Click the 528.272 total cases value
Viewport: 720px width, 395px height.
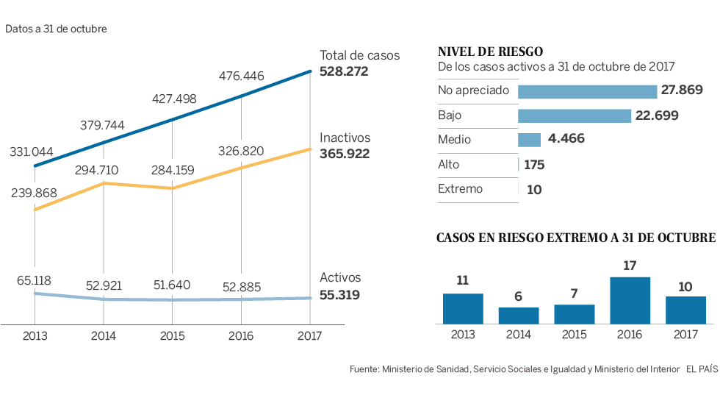tap(344, 71)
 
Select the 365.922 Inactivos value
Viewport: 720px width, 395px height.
tap(345, 154)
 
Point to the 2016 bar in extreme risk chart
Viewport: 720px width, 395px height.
tap(630, 301)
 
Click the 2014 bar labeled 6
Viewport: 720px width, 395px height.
tap(519, 316)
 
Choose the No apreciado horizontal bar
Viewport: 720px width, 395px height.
tap(587, 91)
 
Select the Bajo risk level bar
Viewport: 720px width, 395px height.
tap(575, 115)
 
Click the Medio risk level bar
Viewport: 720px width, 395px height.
tap(530, 140)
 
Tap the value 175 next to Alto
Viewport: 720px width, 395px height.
tap(534, 165)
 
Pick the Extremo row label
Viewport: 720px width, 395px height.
tap(461, 189)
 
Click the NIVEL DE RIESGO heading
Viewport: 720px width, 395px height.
tap(490, 51)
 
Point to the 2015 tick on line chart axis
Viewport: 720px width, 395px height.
tap(172, 335)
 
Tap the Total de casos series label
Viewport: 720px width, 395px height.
tap(359, 56)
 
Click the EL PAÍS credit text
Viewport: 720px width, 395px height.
tap(702, 369)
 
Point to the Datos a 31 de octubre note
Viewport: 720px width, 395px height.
tap(57, 29)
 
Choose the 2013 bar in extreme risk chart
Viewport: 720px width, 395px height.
tap(463, 309)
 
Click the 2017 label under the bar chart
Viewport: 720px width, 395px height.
tap(685, 335)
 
